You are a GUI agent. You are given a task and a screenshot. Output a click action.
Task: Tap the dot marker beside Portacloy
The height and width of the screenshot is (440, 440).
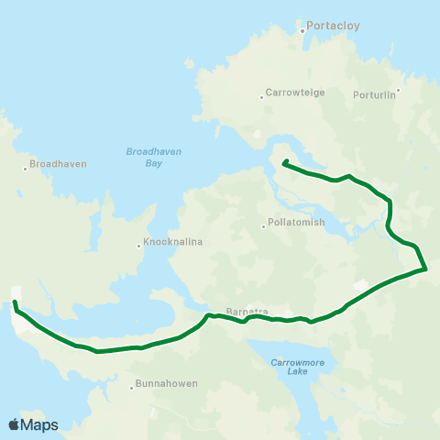302,31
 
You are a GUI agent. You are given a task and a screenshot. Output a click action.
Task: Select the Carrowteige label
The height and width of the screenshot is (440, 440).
290,93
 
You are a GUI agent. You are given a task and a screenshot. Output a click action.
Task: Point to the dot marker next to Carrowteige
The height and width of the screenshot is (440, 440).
260,93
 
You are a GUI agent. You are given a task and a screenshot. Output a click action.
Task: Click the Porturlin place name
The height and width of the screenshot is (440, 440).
375,93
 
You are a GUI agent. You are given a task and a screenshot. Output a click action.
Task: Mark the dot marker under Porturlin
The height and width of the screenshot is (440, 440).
398,91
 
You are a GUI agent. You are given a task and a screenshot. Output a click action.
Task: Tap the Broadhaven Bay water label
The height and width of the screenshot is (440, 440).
147,157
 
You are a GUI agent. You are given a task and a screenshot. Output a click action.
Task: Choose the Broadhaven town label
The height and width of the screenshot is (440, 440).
58,164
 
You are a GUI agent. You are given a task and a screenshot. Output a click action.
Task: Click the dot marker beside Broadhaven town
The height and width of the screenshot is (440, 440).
25,169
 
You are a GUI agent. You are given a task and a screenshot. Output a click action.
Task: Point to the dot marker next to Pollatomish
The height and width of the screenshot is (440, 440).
263,225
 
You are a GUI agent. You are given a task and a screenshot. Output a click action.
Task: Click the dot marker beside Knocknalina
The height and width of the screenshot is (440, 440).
138,245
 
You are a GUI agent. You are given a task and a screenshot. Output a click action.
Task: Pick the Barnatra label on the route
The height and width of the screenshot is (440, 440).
247,311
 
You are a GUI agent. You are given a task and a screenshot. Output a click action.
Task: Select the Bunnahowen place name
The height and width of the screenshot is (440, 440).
166,385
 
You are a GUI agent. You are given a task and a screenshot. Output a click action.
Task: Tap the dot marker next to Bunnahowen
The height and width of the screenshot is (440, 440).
132,386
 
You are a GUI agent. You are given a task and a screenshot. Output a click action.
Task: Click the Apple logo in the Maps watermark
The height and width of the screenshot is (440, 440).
14,424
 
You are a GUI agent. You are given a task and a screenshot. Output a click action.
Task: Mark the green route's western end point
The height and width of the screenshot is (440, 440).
15,301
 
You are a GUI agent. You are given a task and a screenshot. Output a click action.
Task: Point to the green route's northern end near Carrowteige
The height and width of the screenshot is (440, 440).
284,162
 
